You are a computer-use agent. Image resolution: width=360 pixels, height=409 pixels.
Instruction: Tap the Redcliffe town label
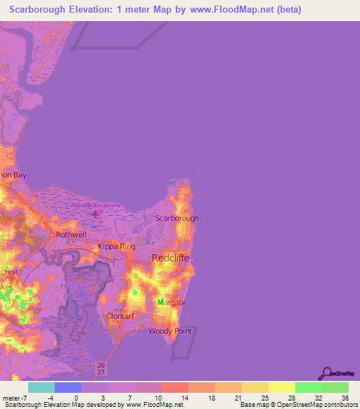pos(172,258)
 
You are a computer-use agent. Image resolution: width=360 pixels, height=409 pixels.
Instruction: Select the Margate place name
pos(172,302)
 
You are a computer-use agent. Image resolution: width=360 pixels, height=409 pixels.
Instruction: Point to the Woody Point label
pos(166,330)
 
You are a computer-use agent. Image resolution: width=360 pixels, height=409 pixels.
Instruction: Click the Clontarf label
pos(119,316)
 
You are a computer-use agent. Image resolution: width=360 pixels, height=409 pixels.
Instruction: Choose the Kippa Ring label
pos(116,247)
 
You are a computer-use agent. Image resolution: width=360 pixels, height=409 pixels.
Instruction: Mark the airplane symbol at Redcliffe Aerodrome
pos(96,212)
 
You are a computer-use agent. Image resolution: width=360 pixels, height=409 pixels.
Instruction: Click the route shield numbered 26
pos(101,365)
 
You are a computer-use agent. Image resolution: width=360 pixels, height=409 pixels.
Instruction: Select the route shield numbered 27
pos(101,373)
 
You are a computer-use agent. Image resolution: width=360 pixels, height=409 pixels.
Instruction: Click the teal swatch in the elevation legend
pos(41,387)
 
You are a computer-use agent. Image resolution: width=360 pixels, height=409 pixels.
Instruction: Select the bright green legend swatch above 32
pos(309,387)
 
